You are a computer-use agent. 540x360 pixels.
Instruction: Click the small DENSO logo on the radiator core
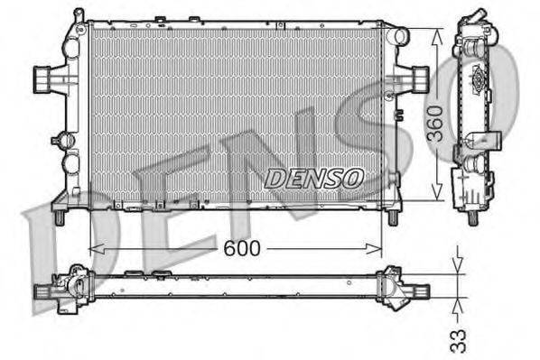pos(313,177)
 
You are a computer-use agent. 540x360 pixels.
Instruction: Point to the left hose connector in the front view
pos(43,78)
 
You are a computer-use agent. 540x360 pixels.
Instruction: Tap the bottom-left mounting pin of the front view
pos(60,217)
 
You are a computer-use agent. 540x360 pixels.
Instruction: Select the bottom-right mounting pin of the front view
pos(393,217)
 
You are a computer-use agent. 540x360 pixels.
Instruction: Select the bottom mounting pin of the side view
pos(474,217)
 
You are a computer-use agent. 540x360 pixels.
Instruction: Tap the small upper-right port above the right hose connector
pos(397,37)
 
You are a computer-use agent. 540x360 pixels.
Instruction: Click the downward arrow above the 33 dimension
pos(457,264)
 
